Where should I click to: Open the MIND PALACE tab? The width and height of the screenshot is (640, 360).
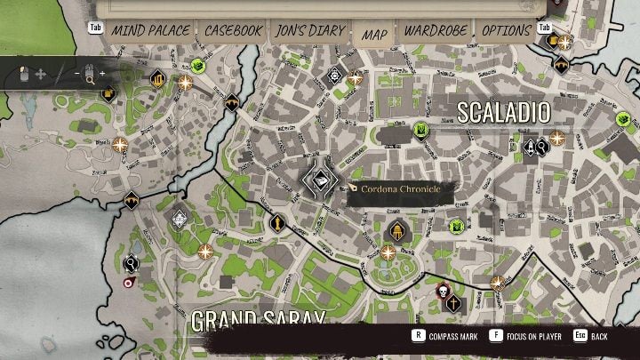(149, 30)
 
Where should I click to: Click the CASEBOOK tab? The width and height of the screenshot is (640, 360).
(233, 30)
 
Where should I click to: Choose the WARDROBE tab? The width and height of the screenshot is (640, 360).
(436, 30)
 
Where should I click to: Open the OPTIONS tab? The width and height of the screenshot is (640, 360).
(506, 30)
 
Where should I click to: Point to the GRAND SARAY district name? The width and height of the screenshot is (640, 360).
(257, 318)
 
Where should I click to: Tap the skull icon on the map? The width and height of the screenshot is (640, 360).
(442, 289)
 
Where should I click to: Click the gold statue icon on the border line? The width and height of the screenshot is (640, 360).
(277, 221)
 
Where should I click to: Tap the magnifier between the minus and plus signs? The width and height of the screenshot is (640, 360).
(90, 73)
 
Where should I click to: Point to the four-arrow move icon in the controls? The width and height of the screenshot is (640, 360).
(41, 74)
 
